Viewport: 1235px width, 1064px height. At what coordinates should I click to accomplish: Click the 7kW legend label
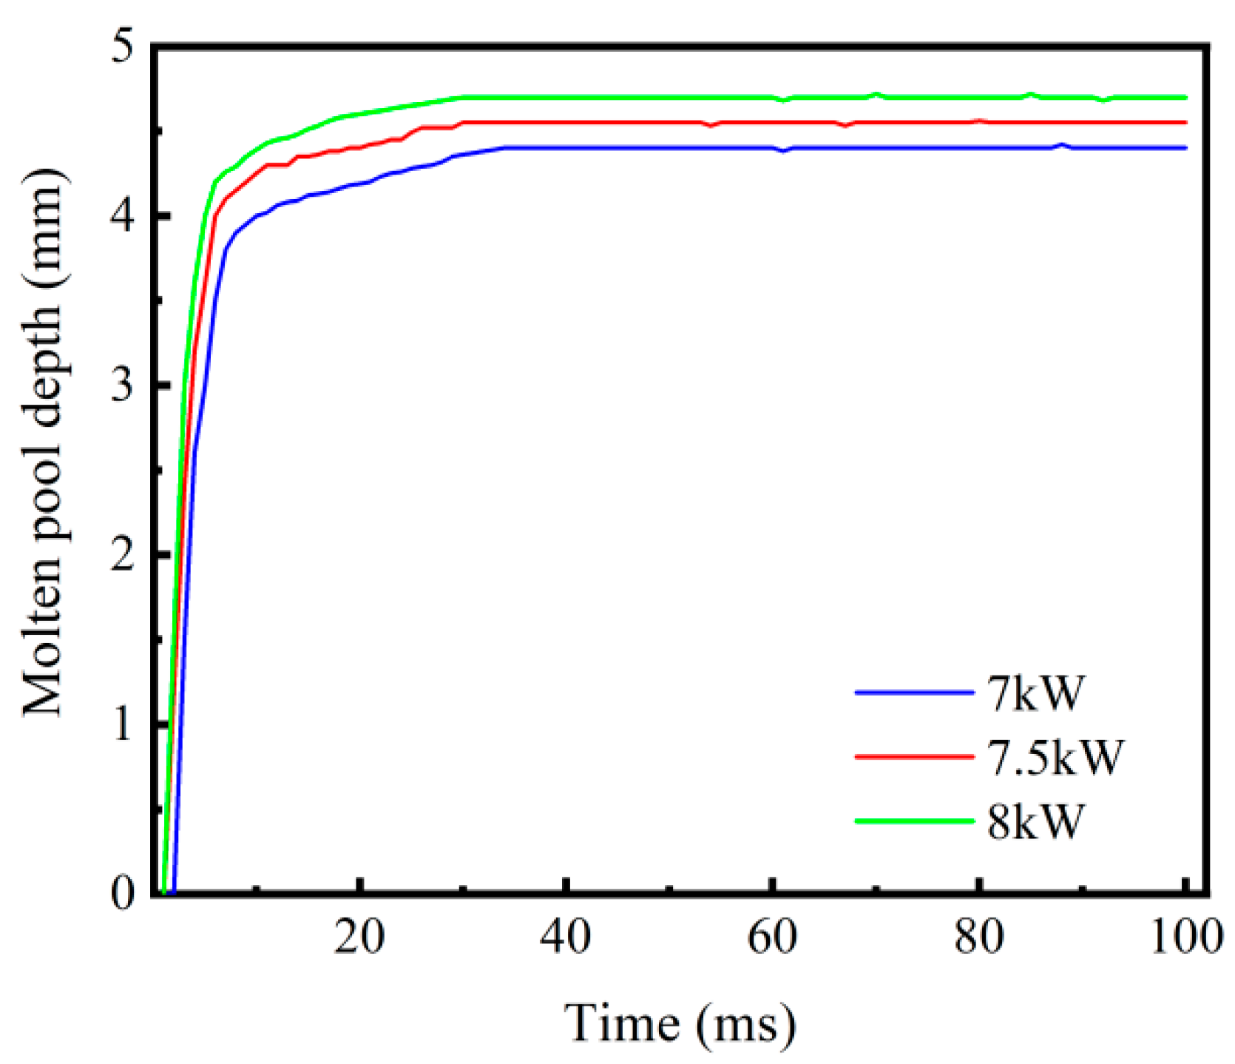pos(1035,693)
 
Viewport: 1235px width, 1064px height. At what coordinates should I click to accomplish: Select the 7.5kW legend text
pos(1055,757)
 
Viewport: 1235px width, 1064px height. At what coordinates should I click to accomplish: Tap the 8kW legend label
pos(1035,821)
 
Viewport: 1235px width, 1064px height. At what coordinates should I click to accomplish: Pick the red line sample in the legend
pos(914,757)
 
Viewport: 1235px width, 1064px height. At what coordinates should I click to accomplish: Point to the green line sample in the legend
pos(914,821)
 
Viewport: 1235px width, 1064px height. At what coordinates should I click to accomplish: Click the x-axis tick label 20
pos(359,937)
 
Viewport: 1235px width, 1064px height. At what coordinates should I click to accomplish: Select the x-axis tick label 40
pos(565,937)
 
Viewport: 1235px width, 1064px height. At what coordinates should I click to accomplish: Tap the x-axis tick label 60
pos(772,937)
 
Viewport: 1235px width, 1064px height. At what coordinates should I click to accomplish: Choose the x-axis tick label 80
pos(978,937)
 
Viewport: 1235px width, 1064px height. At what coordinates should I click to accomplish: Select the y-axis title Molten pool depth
pos(44,444)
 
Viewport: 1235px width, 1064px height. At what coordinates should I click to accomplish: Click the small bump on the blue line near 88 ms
pos(1063,145)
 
